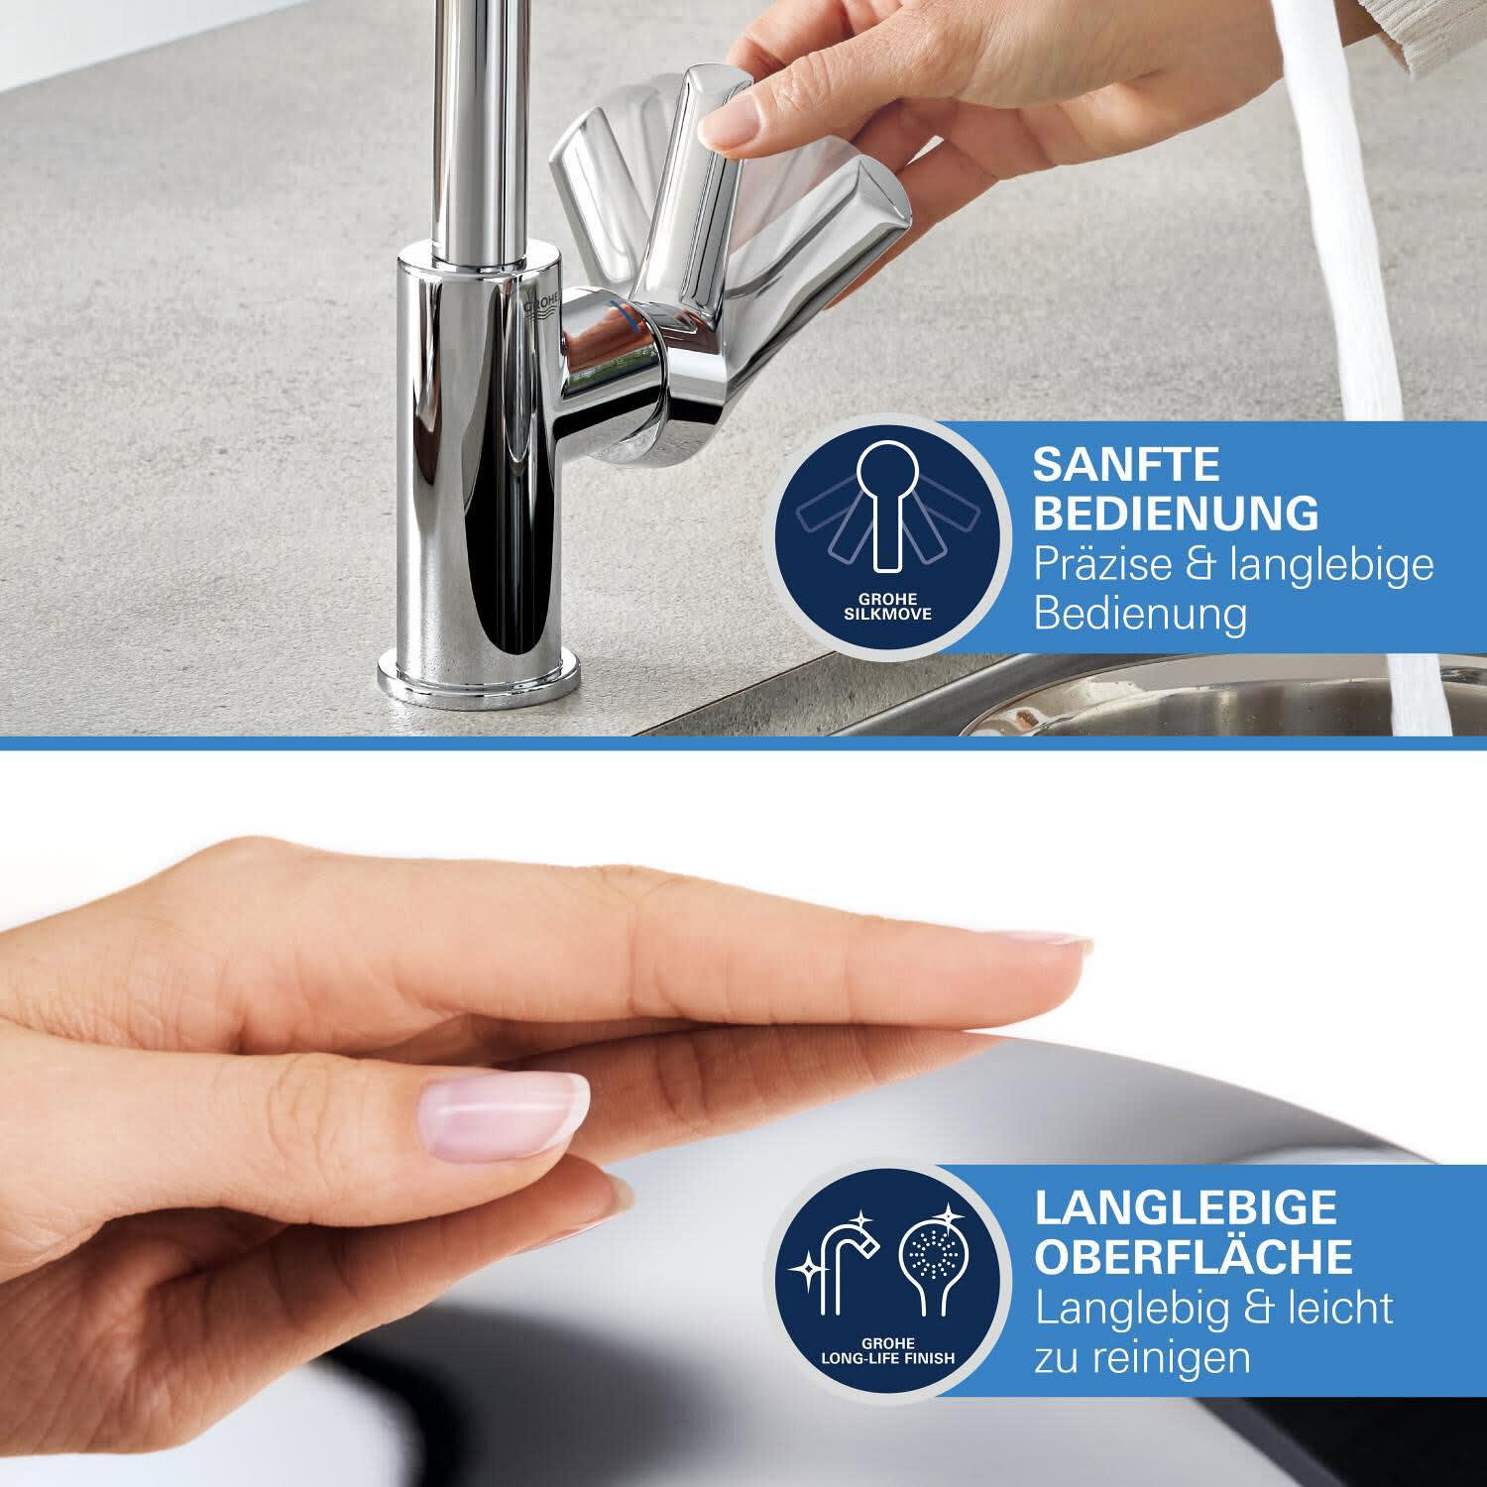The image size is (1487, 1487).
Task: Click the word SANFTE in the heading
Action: pos(1127,464)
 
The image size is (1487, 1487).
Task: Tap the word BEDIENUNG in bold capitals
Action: pos(1177,514)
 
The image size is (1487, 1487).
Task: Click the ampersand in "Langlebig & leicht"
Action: pos(1235,1308)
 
